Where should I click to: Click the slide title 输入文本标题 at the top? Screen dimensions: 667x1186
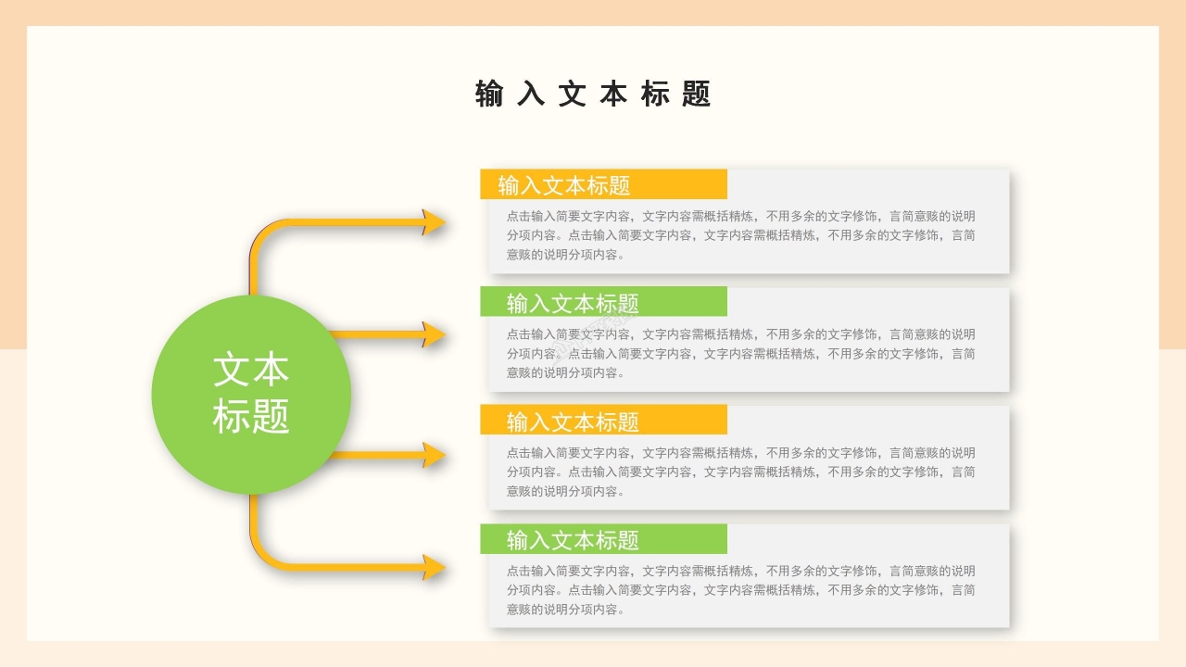click(593, 94)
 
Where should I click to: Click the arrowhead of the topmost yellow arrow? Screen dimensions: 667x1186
click(434, 222)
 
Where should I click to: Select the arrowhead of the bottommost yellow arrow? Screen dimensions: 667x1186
click(434, 567)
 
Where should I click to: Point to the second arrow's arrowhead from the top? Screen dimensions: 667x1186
click(434, 334)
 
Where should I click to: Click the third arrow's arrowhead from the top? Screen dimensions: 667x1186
click(434, 455)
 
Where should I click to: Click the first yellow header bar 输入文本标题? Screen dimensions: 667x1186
click(603, 184)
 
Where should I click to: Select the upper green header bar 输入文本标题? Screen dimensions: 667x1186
click(603, 302)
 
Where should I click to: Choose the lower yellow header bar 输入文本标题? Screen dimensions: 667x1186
click(603, 421)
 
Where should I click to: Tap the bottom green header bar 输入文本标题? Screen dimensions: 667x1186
click(603, 539)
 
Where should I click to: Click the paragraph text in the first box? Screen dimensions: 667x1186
click(740, 235)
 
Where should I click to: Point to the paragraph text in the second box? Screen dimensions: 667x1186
click(740, 353)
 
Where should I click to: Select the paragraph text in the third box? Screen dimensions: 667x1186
click(740, 472)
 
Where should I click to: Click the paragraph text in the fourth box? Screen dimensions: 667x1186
click(740, 590)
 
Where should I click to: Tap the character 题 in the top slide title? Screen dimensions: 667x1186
click(696, 94)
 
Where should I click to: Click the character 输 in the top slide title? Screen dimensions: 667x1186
click(489, 94)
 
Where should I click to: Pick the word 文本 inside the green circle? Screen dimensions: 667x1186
click(251, 370)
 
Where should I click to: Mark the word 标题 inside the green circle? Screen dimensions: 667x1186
click(251, 416)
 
